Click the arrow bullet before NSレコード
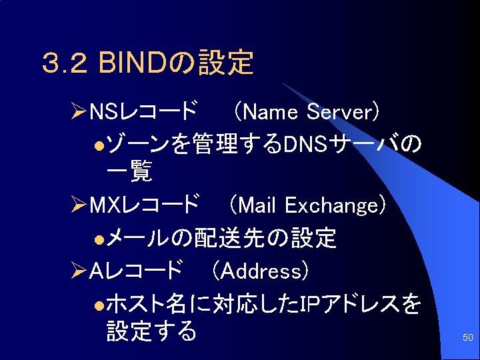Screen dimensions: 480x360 point(78,111)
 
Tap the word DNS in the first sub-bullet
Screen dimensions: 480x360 point(304,143)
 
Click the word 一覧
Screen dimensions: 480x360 point(129,173)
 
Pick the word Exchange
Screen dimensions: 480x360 point(331,205)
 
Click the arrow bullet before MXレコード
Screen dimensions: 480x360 point(78,205)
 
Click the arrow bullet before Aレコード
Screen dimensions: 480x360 point(78,271)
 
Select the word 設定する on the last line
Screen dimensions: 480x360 point(152,331)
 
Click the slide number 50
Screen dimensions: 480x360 point(467,339)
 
